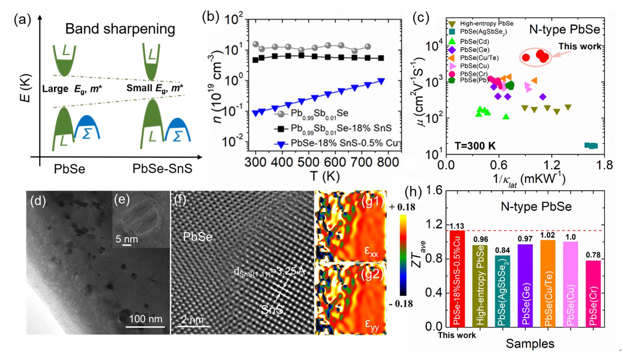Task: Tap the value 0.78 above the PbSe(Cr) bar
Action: point(593,255)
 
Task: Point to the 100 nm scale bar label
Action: point(146,319)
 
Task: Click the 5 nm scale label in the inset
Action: point(127,239)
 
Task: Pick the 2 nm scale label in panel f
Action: point(192,320)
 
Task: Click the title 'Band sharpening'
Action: point(120,29)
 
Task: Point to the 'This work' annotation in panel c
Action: point(580,46)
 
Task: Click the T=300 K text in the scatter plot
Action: point(475,146)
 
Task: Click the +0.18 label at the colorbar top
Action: point(402,207)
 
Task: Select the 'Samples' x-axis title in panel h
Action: point(530,343)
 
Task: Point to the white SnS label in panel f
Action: point(272,309)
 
